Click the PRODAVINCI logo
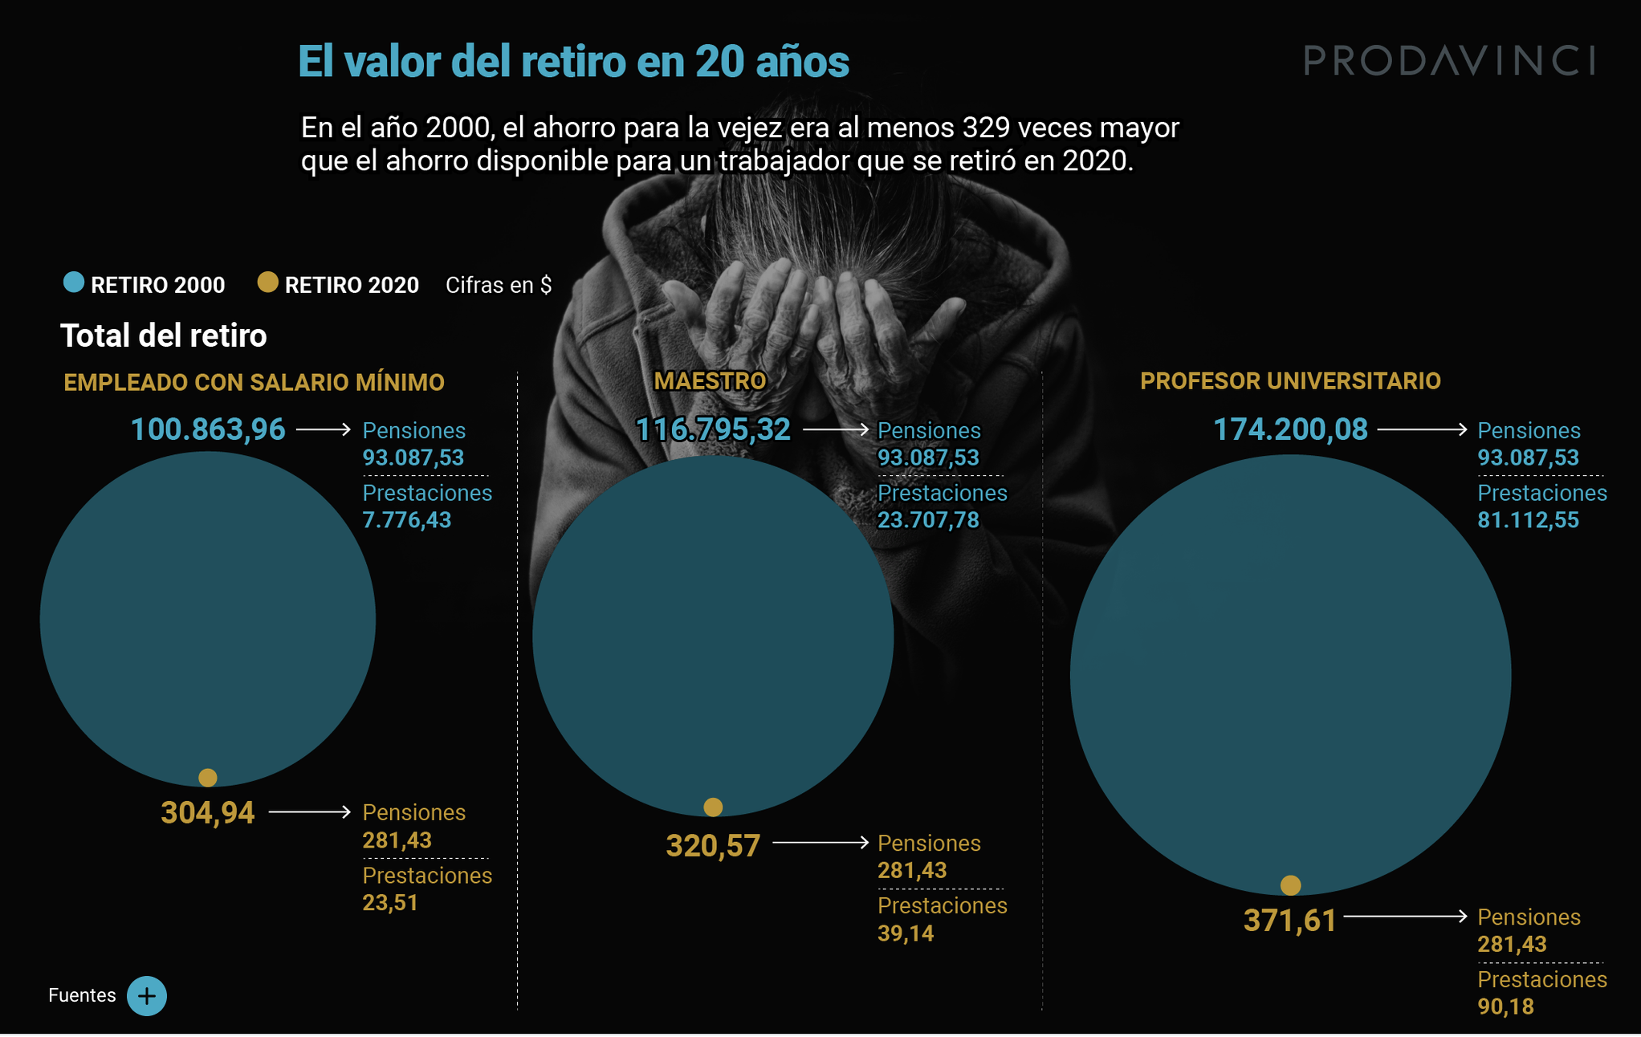1448,60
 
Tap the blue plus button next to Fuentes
147,996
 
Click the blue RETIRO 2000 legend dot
74,283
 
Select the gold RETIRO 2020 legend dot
267,283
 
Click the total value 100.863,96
208,429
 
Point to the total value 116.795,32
713,429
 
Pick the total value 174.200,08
1289,429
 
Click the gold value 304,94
208,813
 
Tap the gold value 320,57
713,846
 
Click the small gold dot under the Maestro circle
713,807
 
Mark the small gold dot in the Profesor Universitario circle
1290,885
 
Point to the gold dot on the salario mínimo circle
208,778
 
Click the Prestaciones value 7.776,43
407,520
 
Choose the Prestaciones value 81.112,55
1528,520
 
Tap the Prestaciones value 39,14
906,933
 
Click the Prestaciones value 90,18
1505,1007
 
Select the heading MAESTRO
710,381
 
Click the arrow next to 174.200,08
1422,429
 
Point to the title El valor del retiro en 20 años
573,62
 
